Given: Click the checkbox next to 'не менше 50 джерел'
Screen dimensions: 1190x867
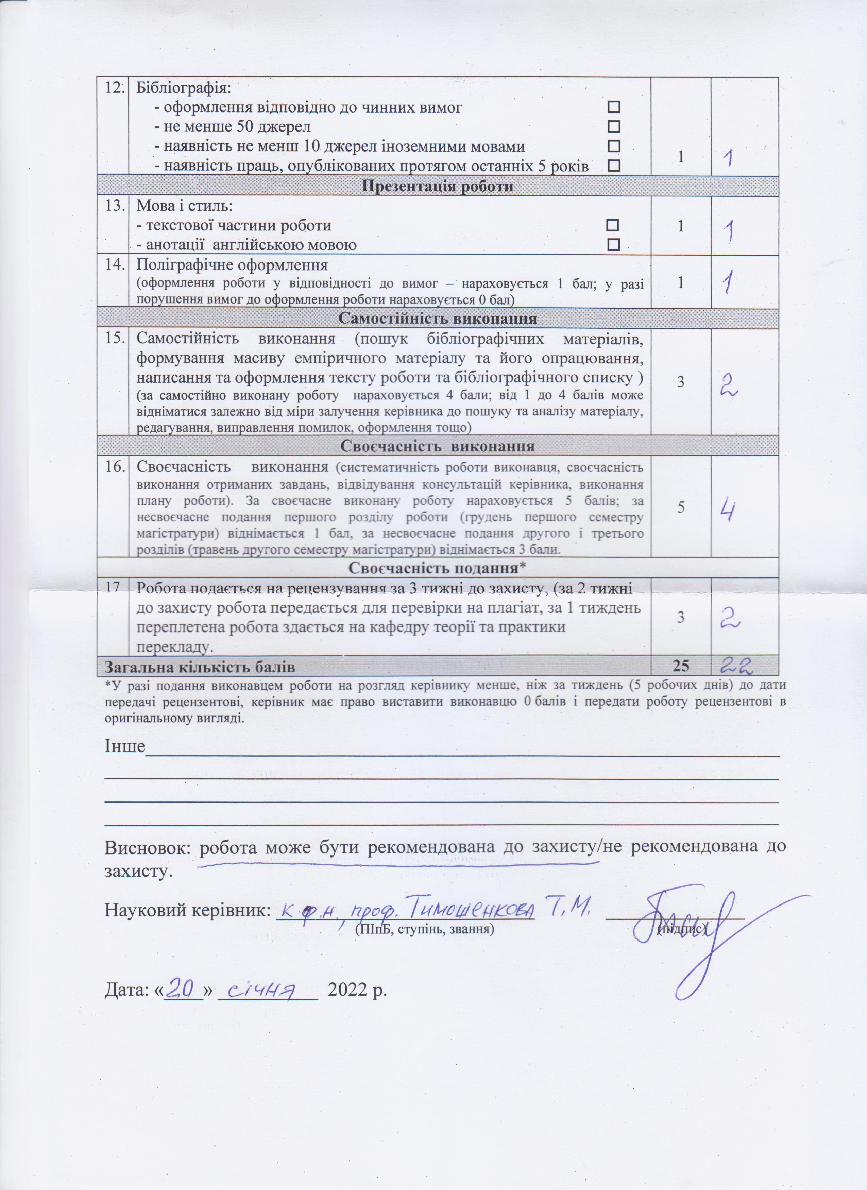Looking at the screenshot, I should pyautogui.click(x=613, y=126).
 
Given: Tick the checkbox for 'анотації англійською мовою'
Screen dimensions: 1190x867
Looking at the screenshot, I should pyautogui.click(x=613, y=244).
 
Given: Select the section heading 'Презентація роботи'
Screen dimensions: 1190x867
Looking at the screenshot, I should pyautogui.click(x=437, y=186).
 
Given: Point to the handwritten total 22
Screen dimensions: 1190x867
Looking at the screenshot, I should pyautogui.click(x=737, y=666).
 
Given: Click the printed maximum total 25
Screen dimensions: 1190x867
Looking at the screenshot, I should pyautogui.click(x=681, y=666).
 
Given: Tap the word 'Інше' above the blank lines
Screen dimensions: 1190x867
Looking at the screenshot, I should pyautogui.click(x=125, y=746).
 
